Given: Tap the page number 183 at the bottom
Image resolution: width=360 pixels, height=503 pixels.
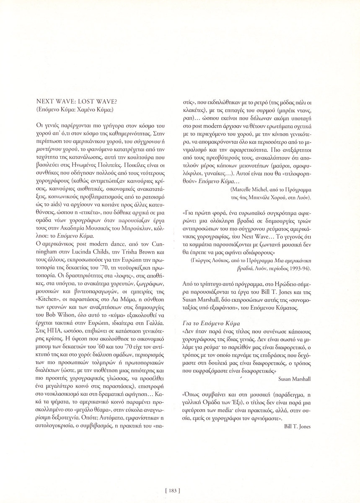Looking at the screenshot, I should [x=172, y=489].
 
